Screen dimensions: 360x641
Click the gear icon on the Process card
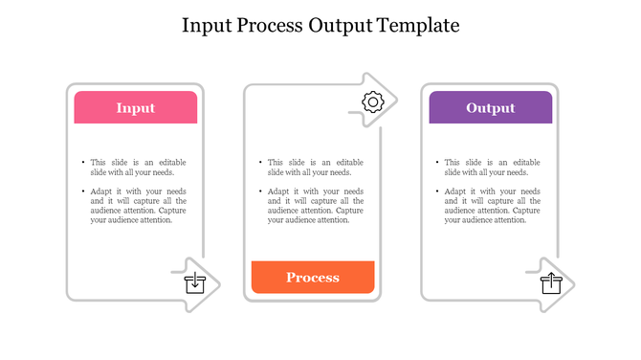pyautogui.click(x=373, y=101)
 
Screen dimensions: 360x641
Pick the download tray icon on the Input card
pyautogui.click(x=194, y=282)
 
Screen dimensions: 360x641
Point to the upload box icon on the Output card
pyautogui.click(x=551, y=282)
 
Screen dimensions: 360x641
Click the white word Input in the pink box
pyautogui.click(x=136, y=108)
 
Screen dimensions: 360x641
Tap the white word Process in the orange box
pyautogui.click(x=313, y=278)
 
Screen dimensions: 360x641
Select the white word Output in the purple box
pyautogui.click(x=490, y=108)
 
